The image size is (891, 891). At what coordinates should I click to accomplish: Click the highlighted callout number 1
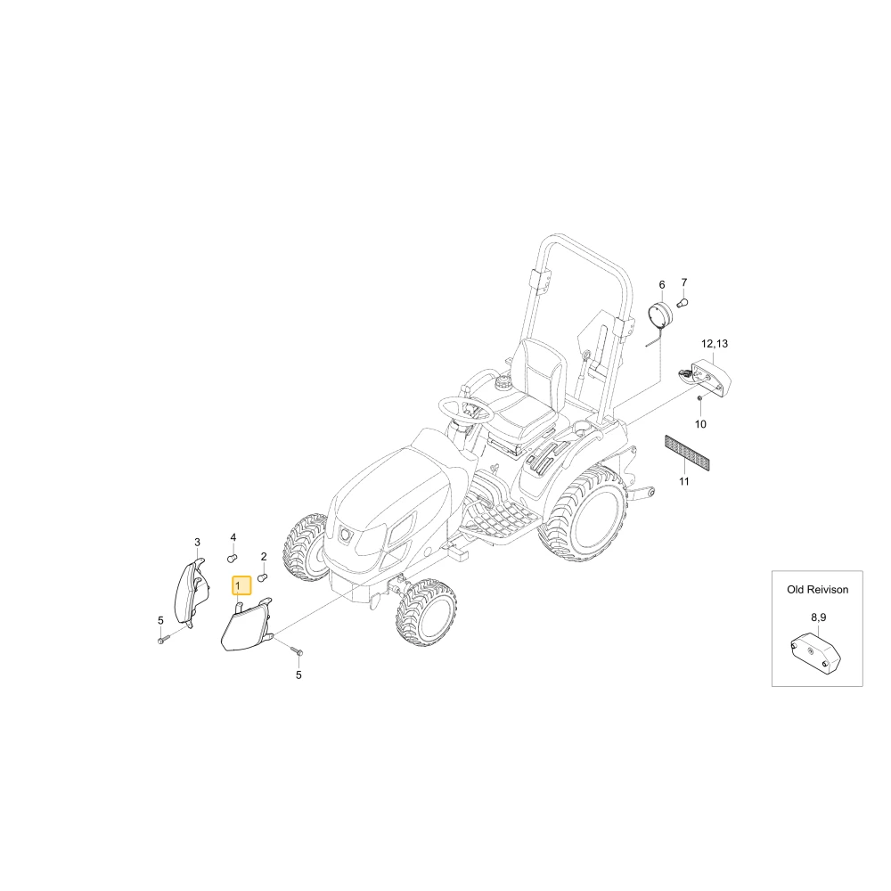tap(238, 585)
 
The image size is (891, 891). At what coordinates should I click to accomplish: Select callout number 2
tap(264, 556)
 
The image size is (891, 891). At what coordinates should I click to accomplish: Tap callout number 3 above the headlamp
tap(197, 542)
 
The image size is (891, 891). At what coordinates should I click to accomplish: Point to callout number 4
tap(233, 537)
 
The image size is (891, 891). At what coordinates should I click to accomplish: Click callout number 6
tap(661, 285)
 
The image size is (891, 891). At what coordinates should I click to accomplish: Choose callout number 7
tap(684, 282)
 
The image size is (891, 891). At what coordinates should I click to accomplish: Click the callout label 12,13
tap(715, 344)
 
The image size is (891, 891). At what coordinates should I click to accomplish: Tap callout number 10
tap(700, 424)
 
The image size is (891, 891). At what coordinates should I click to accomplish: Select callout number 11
tap(684, 481)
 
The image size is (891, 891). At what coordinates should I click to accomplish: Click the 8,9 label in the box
tap(818, 617)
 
